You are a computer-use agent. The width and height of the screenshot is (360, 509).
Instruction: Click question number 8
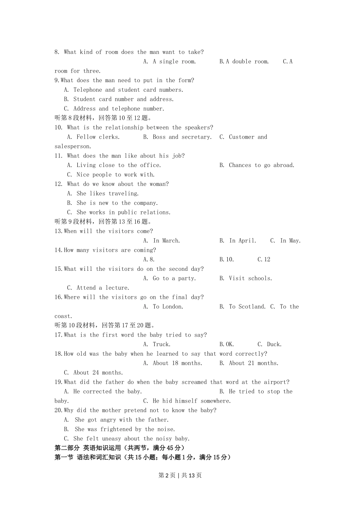57,52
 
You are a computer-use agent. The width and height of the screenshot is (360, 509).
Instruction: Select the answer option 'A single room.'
174,62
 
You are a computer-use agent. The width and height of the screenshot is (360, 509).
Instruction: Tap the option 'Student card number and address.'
123,99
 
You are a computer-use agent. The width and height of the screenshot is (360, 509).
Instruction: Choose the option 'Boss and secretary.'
182,137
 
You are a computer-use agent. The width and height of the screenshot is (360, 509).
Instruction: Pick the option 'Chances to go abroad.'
261,166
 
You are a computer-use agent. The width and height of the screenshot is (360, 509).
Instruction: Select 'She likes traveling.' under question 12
107,194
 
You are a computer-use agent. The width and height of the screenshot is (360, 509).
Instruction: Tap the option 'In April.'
243,241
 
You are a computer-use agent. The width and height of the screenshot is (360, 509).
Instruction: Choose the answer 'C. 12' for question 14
264,259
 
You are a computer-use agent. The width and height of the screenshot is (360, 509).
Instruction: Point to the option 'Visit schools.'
250,278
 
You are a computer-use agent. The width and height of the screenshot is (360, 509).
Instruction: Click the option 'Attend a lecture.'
103,288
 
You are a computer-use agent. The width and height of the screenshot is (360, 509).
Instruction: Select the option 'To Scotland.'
247,307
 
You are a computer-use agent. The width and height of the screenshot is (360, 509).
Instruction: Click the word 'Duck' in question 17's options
274,345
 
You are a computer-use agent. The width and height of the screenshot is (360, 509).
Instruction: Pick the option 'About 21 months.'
253,363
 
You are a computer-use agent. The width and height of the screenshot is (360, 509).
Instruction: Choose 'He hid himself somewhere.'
191,401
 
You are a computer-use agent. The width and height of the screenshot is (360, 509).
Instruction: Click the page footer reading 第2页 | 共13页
180,475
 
